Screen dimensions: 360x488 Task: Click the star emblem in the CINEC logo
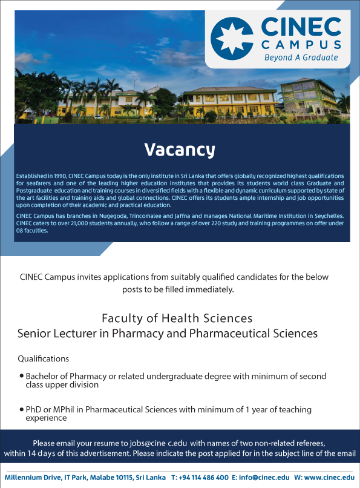click(232, 38)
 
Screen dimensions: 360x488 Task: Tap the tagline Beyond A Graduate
click(301, 58)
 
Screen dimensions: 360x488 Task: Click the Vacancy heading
click(180, 150)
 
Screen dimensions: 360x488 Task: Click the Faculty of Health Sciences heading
click(177, 318)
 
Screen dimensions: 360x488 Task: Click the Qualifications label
click(43, 359)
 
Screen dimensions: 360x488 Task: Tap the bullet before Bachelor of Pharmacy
click(21, 375)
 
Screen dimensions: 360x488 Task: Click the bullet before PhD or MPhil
click(21, 409)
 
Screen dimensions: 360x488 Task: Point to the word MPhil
click(64, 409)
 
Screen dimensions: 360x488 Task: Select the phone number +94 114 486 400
click(204, 478)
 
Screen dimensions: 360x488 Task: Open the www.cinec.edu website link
click(329, 478)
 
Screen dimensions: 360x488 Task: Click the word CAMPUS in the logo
click(301, 45)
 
